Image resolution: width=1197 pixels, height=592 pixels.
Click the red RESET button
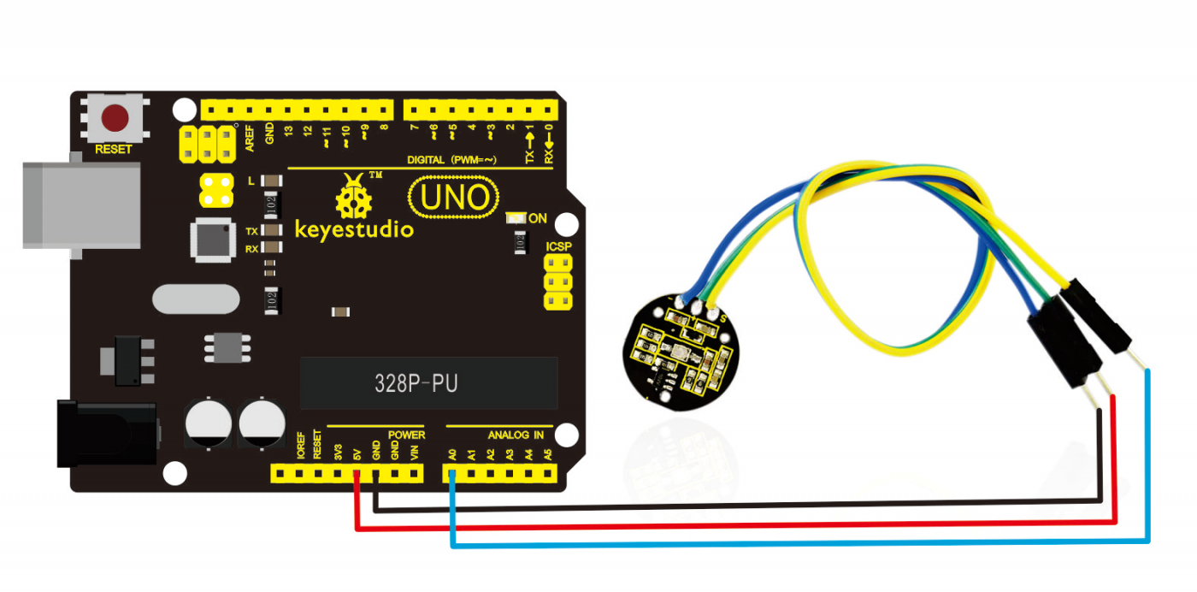pos(115,117)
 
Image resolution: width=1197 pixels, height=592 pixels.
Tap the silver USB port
pos(81,205)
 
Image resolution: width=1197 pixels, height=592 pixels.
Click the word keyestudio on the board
pos(353,229)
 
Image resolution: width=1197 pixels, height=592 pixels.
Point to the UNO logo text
pos(454,198)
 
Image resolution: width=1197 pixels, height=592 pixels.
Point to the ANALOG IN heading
pos(515,435)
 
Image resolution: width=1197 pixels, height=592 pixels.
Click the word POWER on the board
pos(406,435)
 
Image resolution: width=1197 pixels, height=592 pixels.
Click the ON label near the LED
pos(538,219)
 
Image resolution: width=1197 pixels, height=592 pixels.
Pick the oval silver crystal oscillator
pos(196,299)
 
